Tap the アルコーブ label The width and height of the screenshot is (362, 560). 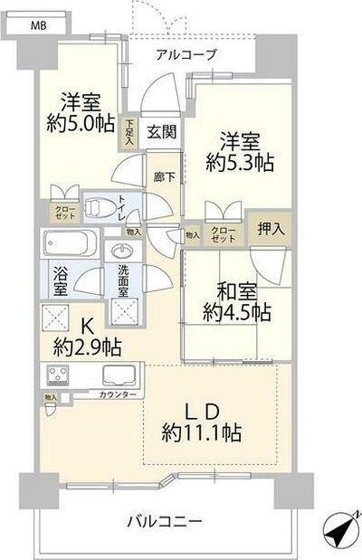[x=186, y=55]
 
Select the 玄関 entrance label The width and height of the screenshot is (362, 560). [x=163, y=131]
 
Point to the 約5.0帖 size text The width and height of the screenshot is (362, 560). [x=81, y=122]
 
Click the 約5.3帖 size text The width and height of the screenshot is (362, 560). [x=240, y=164]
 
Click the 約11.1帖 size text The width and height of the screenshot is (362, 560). [x=202, y=432]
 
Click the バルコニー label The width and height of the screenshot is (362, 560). [x=164, y=522]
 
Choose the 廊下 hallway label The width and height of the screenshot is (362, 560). [x=163, y=178]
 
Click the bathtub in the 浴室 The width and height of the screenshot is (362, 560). [x=71, y=244]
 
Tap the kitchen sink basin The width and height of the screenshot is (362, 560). [x=119, y=375]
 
